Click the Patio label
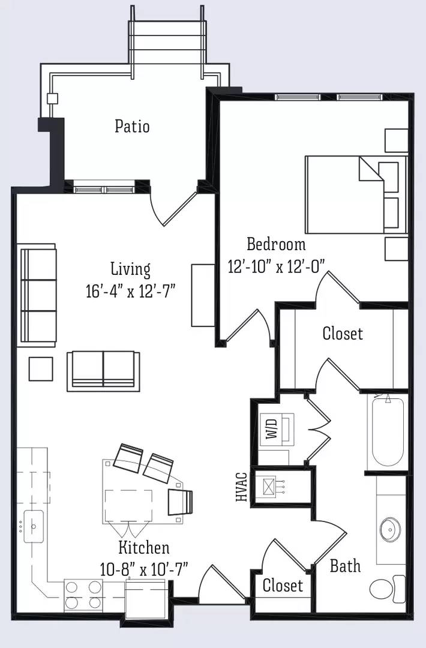coord(132,126)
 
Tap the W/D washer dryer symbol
coord(277,429)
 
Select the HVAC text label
coord(241,487)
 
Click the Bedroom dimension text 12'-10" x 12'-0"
coord(277,266)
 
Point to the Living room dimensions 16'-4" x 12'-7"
coord(131,291)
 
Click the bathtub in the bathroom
coord(388,432)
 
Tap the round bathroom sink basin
coord(390,529)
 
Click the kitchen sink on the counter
coord(34,526)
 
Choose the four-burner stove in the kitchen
coord(83,595)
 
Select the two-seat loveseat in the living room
coord(103,371)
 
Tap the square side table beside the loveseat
coord(41,368)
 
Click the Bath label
coord(346,566)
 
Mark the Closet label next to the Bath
coord(283,585)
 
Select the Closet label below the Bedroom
coord(343,333)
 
